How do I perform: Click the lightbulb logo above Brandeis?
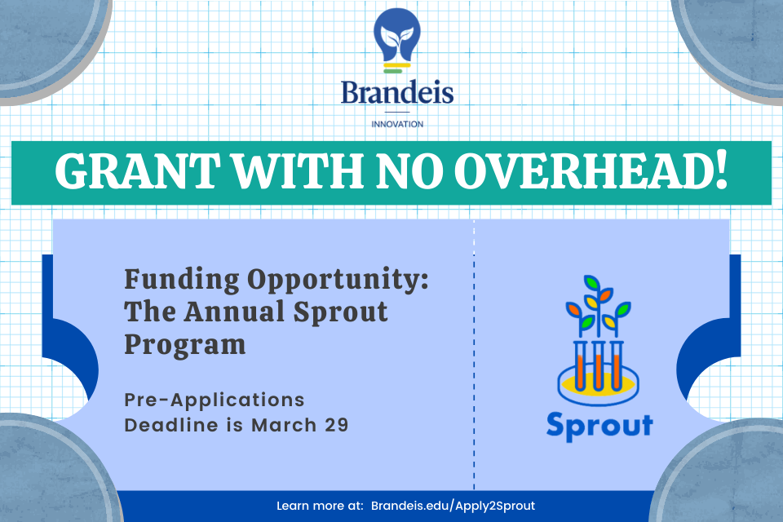(397, 41)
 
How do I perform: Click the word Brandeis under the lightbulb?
(397, 92)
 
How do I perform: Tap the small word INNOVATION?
(397, 124)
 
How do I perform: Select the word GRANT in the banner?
(137, 171)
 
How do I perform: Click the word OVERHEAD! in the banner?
(591, 171)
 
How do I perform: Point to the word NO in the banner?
(409, 171)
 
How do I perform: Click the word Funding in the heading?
(182, 280)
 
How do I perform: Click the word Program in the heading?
(185, 346)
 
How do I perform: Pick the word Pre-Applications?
(215, 400)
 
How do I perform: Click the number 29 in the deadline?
(337, 425)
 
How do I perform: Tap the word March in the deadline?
(284, 425)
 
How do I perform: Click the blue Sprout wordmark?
(599, 427)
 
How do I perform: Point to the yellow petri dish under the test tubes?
(598, 384)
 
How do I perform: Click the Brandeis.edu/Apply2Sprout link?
(453, 506)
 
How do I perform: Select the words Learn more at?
(320, 506)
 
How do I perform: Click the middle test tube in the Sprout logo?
(598, 365)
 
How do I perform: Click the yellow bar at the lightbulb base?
(397, 65)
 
